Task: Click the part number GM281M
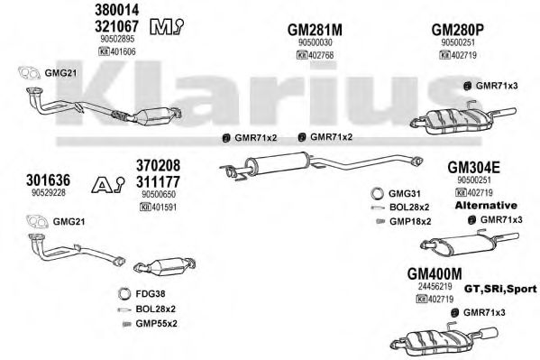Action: click(x=315, y=30)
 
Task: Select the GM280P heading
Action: click(x=457, y=30)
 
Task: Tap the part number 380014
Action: click(x=117, y=10)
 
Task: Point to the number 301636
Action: click(x=48, y=180)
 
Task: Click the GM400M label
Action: click(x=435, y=273)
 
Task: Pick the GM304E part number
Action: click(x=473, y=168)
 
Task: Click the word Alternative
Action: click(x=486, y=206)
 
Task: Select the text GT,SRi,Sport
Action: click(x=500, y=289)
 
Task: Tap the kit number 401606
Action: click(x=123, y=51)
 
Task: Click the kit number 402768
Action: click(x=321, y=55)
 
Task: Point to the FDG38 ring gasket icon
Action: click(x=124, y=294)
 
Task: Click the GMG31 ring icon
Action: click(x=378, y=193)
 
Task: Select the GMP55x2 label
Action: click(x=156, y=323)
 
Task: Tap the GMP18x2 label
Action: click(x=410, y=221)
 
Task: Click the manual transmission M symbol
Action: click(x=167, y=26)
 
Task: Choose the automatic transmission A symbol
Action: click(x=108, y=185)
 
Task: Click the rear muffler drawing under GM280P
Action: click(x=463, y=119)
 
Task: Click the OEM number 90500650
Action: click(x=159, y=195)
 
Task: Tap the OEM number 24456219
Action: click(x=435, y=286)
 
